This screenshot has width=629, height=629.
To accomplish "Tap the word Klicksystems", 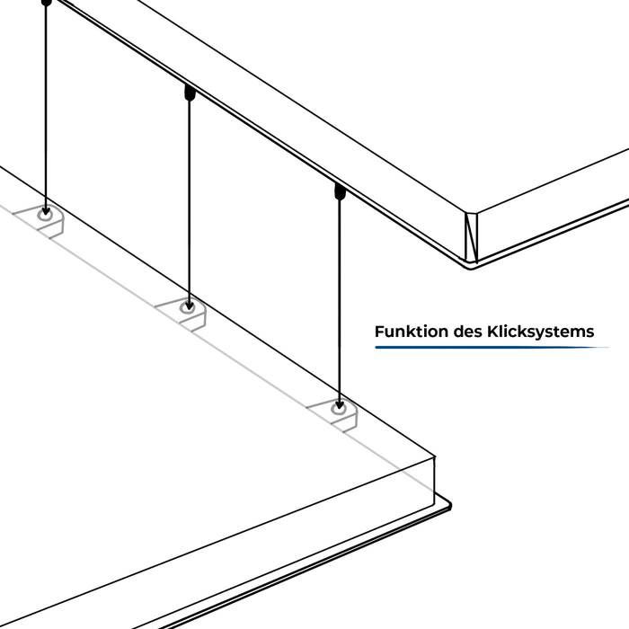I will [542, 332].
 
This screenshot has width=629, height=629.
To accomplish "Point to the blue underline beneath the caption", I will [485, 347].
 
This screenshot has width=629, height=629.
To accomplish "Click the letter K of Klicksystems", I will [495, 332].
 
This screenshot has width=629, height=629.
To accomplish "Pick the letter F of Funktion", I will [379, 332].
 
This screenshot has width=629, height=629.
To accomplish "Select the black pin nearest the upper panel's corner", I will [339, 191].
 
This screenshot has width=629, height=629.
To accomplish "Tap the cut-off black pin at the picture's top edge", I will [47, 4].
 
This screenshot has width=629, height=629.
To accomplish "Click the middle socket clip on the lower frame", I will [187, 308].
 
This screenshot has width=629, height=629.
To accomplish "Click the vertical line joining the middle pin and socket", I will [189, 198].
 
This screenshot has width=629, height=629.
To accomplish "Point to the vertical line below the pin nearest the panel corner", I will [339, 297].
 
